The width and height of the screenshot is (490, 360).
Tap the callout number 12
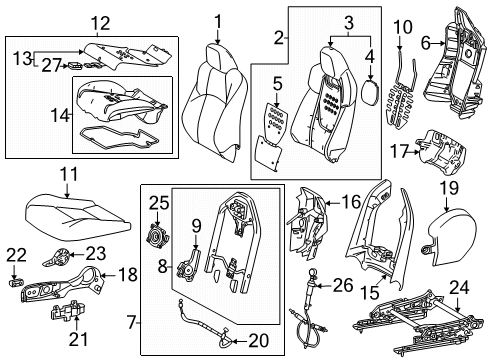pyautogui.click(x=95, y=22)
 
